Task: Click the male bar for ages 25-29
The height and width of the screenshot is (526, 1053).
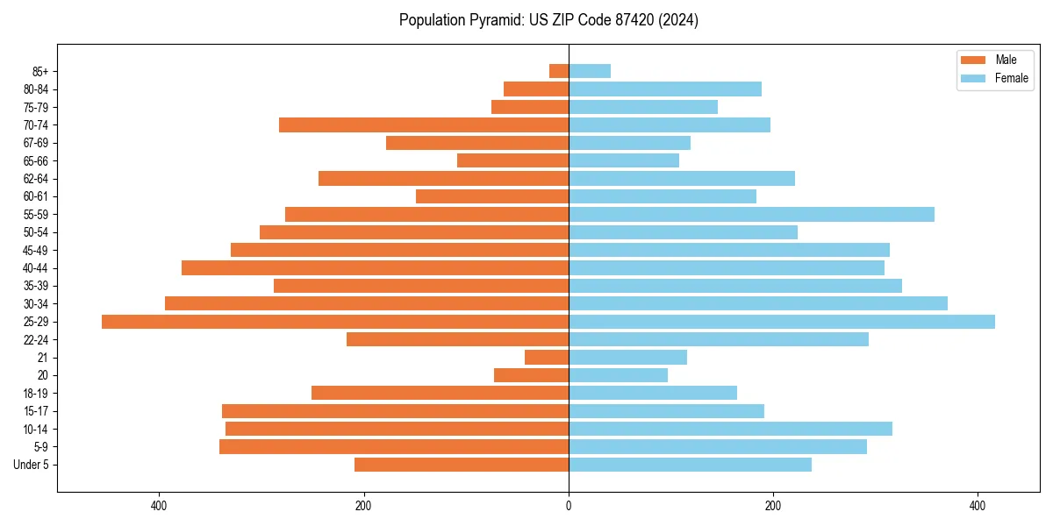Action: click(x=335, y=322)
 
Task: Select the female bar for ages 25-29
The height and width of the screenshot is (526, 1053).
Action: click(x=781, y=322)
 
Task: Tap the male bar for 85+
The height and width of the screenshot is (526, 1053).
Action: click(x=559, y=71)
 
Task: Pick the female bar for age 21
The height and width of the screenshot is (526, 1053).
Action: click(x=627, y=358)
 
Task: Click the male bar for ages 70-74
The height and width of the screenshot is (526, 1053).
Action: click(x=424, y=125)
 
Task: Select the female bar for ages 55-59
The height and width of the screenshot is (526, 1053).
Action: click(x=751, y=215)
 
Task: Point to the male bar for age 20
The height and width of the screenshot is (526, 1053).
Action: click(x=531, y=375)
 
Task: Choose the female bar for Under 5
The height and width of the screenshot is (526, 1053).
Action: click(x=690, y=465)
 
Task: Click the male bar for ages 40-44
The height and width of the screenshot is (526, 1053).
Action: click(x=375, y=268)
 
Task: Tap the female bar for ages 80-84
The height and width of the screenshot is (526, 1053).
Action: click(x=665, y=89)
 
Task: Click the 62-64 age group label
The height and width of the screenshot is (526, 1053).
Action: click(x=36, y=179)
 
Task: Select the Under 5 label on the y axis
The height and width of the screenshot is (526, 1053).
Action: click(x=31, y=465)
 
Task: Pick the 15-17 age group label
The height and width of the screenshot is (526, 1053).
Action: click(x=36, y=411)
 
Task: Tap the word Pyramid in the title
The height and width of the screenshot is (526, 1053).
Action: click(x=493, y=20)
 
